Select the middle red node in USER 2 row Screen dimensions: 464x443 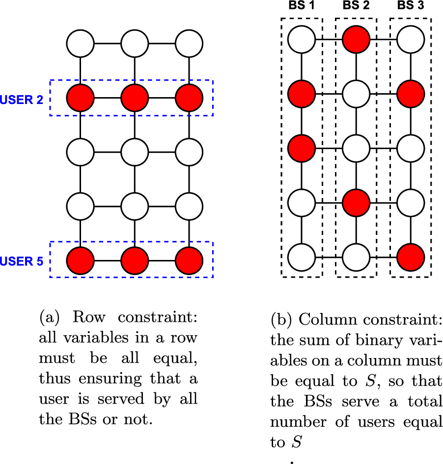(x=135, y=98)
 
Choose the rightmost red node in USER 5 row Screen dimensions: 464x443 (x=189, y=260)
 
